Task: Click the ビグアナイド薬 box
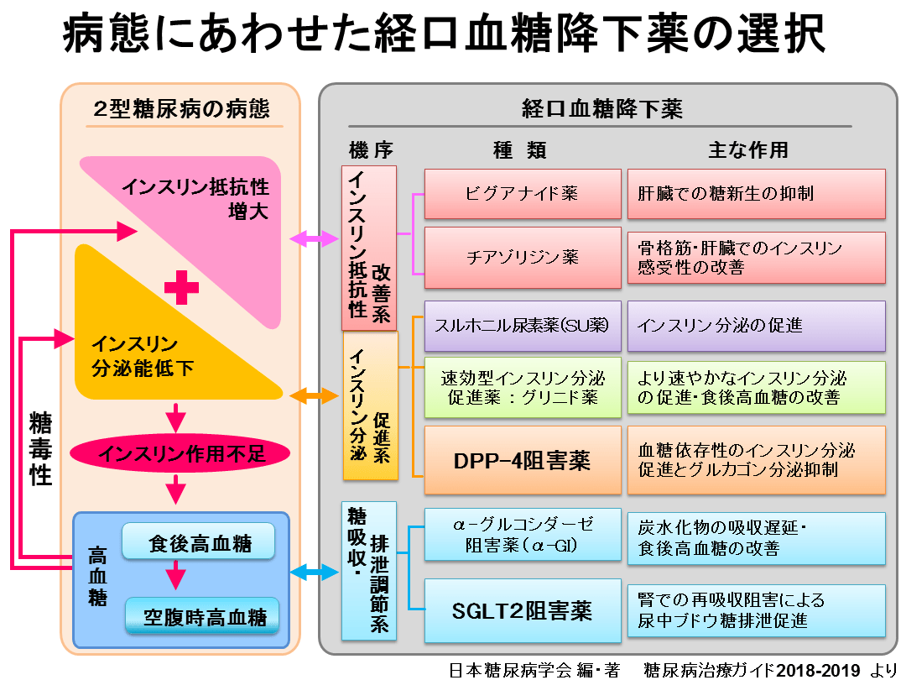pyautogui.click(x=522, y=193)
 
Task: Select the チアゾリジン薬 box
pyautogui.click(x=522, y=257)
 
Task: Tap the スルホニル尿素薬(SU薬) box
pyautogui.click(x=522, y=326)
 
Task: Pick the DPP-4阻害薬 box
pyautogui.click(x=522, y=460)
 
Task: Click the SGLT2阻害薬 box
pyautogui.click(x=522, y=609)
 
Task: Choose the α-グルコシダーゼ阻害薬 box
pyautogui.click(x=522, y=535)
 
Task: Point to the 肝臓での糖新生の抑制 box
pyautogui.click(x=756, y=193)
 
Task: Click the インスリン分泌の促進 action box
pyautogui.click(x=756, y=326)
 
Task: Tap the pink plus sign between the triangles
pyautogui.click(x=181, y=288)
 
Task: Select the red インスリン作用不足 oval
pyautogui.click(x=180, y=454)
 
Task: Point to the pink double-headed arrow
pyautogui.click(x=314, y=240)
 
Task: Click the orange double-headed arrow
pyautogui.click(x=314, y=395)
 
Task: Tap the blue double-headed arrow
pyautogui.click(x=314, y=573)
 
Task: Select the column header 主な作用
pyautogui.click(x=747, y=149)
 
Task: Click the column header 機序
pyautogui.click(x=370, y=149)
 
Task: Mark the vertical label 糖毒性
pyautogui.click(x=40, y=448)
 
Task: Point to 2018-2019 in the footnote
pyautogui.click(x=820, y=669)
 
